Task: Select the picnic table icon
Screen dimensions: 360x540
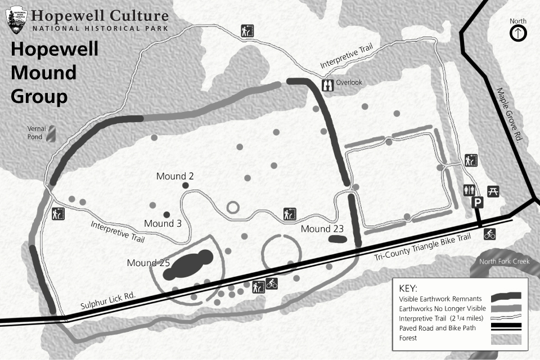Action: [493, 191]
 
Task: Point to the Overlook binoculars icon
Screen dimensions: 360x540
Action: [327, 85]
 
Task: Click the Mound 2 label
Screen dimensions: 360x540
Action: [175, 176]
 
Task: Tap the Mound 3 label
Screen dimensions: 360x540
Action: [163, 223]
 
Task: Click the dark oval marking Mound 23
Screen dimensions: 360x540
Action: [337, 239]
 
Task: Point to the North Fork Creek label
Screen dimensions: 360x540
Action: [505, 262]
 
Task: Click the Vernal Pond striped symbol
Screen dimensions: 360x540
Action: [51, 133]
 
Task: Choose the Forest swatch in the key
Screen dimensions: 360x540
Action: [506, 339]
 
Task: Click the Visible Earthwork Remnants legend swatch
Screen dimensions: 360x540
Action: [506, 295]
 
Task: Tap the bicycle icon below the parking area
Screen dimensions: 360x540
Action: [489, 234]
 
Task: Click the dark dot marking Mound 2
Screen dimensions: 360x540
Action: [185, 185]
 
